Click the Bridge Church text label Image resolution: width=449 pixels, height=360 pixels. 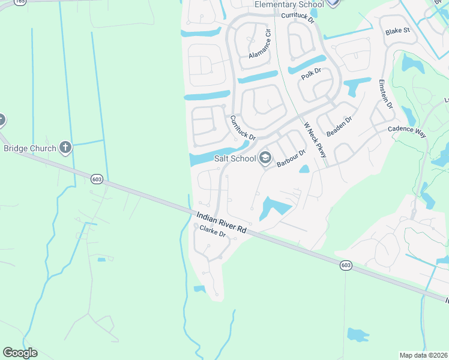[30, 148]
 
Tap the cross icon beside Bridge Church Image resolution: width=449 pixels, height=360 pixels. [65, 148]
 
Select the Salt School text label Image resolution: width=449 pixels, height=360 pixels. [235, 158]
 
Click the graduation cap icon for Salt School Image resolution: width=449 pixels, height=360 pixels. [264, 158]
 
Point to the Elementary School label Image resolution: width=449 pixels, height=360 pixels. [289, 5]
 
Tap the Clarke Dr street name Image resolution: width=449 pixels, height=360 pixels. [212, 230]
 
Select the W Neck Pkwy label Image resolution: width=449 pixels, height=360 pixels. [315, 140]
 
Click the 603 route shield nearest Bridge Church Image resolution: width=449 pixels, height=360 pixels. [97, 179]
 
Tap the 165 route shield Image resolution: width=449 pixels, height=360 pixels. [20, 2]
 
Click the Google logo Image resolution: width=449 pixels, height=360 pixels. [20, 353]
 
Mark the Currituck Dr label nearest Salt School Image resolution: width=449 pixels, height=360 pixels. [243, 129]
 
